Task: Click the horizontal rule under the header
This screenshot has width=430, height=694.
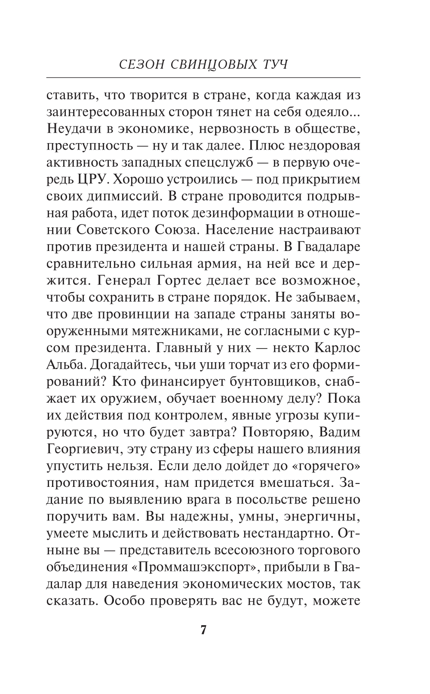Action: tap(203, 78)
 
